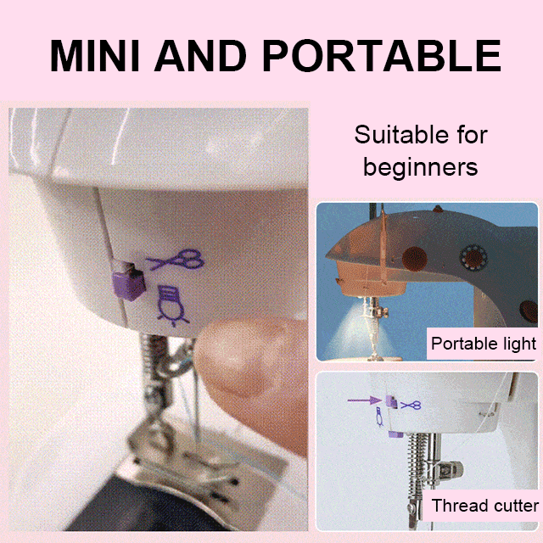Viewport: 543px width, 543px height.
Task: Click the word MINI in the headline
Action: tap(94, 55)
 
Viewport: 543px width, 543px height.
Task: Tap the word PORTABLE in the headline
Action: tap(382, 55)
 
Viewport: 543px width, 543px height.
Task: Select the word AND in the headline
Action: tap(200, 55)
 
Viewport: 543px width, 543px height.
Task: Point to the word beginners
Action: tap(421, 167)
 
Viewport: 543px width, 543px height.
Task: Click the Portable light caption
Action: tap(484, 344)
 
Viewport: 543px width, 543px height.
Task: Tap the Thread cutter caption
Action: tap(485, 506)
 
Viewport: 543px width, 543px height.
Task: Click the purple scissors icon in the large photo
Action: tap(176, 260)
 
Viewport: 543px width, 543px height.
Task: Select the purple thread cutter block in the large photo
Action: tap(127, 281)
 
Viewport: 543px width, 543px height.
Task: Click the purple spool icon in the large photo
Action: tap(172, 305)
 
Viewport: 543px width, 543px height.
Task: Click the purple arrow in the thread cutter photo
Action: tap(364, 400)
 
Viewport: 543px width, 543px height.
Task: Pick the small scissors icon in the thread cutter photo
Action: tap(411, 405)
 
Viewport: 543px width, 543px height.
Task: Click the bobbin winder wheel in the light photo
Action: tap(473, 257)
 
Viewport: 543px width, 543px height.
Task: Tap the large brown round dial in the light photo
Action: tap(415, 259)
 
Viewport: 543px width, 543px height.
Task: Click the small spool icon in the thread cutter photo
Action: tap(380, 417)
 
